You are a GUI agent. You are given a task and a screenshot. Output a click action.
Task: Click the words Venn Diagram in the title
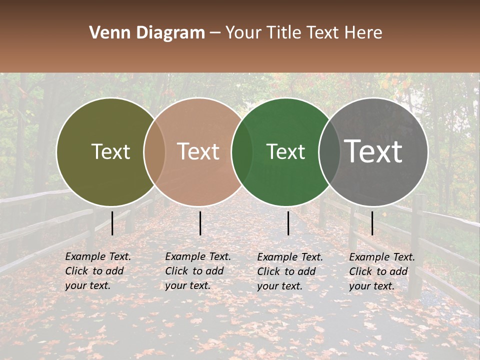147,33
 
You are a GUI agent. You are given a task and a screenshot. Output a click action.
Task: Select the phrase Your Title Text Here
303,33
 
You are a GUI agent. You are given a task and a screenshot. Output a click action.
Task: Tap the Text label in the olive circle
110,152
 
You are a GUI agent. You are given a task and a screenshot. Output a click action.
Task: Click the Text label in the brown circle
198,152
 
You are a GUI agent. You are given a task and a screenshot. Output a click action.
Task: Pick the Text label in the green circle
285,152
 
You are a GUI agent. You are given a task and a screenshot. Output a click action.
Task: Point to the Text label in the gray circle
373,151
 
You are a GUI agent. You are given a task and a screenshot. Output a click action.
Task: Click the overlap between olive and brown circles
154,152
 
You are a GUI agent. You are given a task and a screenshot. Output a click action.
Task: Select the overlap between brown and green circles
242,152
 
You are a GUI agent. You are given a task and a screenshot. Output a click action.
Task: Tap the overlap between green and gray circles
329,152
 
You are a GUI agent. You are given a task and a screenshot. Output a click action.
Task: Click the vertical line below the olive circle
112,223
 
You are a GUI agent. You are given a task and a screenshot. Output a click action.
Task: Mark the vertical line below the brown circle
200,223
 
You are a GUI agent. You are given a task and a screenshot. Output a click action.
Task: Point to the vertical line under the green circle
288,223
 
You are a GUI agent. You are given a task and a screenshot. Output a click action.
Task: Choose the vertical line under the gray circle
372,223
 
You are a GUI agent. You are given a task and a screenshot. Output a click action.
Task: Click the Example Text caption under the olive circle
98,271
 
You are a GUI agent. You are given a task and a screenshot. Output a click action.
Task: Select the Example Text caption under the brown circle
198,271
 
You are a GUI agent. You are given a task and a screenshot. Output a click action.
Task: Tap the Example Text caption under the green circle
290,271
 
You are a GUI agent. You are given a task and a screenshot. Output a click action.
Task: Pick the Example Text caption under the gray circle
382,271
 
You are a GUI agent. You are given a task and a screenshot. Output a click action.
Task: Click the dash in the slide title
215,33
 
